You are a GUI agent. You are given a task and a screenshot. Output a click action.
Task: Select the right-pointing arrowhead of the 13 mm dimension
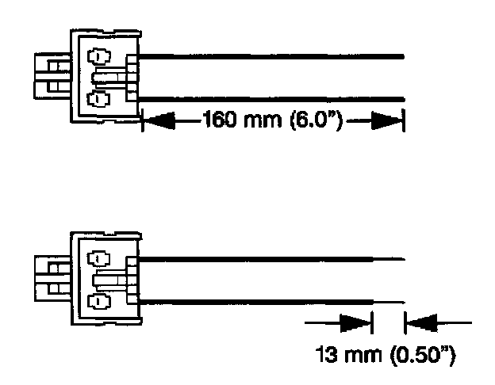(356, 322)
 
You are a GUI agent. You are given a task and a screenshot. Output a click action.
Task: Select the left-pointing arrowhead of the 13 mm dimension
(420, 322)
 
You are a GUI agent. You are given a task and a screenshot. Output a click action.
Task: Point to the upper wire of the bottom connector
(254, 258)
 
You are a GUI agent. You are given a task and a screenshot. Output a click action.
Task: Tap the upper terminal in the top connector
(98, 58)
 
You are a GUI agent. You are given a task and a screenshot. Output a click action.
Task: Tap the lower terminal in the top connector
(98, 98)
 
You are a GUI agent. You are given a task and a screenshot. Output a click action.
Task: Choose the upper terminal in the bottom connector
(98, 259)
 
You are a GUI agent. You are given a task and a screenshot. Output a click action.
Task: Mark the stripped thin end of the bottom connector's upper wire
(389, 258)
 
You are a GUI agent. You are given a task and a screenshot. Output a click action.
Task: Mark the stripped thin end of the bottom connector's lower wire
(389, 301)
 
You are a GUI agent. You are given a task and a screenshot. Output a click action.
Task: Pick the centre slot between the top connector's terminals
(111, 78)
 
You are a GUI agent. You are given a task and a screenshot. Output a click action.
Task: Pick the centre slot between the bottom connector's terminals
(111, 280)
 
